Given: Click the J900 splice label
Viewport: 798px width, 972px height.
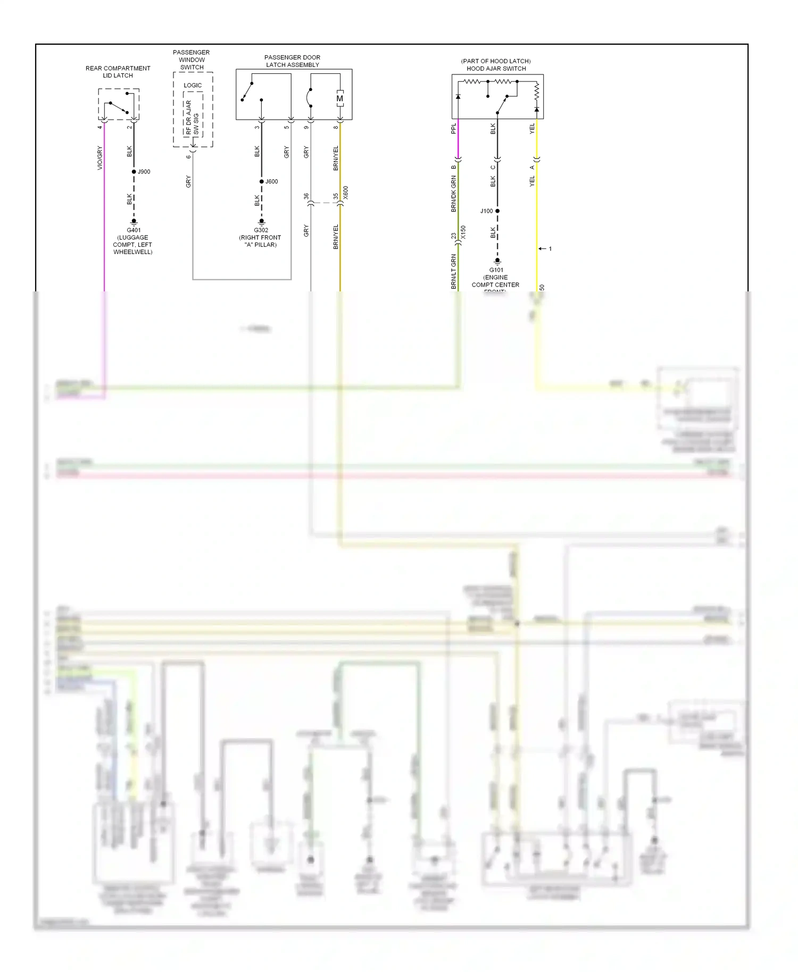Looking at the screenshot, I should [144, 172].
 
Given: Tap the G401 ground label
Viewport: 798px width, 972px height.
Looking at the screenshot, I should [134, 230].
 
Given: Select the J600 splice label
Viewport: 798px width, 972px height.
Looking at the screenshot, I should [272, 182].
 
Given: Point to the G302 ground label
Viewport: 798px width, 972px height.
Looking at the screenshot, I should [261, 230].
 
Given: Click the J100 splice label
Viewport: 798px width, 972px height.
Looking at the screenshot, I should [486, 211].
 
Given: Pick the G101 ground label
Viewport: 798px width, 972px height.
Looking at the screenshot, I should [496, 270].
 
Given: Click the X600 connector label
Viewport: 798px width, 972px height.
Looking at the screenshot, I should [346, 192].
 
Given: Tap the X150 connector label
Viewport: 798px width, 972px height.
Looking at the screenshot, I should [463, 232].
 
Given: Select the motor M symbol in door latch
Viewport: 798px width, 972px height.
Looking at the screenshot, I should [340, 98].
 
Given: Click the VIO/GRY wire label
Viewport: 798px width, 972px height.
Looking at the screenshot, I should [99, 158].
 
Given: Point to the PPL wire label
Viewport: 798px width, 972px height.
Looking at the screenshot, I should [454, 129].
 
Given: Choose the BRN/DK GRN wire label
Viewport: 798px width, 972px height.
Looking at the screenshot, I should [454, 194].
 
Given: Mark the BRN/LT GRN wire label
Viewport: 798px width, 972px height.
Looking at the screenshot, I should [454, 272].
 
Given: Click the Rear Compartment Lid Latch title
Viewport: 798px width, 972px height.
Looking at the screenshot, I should [118, 72].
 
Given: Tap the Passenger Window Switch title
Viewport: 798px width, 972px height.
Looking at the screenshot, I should [192, 60].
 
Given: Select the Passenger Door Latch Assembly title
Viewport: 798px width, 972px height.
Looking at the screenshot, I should [293, 61].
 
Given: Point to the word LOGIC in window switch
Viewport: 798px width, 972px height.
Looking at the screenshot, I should [193, 85].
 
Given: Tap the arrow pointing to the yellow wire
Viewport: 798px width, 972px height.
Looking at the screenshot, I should [543, 249].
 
